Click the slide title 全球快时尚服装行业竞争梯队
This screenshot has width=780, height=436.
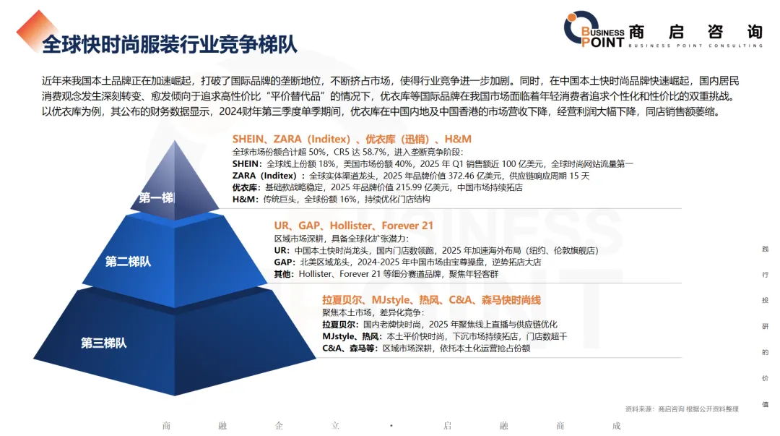[170, 44]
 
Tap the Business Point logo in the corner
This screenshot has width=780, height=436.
[662, 30]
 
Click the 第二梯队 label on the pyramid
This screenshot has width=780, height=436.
[128, 262]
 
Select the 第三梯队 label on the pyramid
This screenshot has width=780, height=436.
[104, 343]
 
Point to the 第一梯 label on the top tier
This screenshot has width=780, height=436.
[156, 198]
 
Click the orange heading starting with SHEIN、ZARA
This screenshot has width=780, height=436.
[352, 139]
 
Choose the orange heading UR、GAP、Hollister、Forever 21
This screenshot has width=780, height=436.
[354, 226]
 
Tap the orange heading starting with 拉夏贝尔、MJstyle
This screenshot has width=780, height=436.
[431, 300]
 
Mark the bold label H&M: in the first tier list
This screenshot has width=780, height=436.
[246, 200]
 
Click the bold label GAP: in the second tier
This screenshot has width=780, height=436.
[285, 262]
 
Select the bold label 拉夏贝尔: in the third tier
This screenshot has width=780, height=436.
[340, 325]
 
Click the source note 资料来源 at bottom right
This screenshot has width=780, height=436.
[682, 409]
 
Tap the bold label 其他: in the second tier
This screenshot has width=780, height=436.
[284, 274]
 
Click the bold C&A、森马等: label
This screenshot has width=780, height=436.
[350, 349]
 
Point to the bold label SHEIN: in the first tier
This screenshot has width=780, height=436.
[247, 164]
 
